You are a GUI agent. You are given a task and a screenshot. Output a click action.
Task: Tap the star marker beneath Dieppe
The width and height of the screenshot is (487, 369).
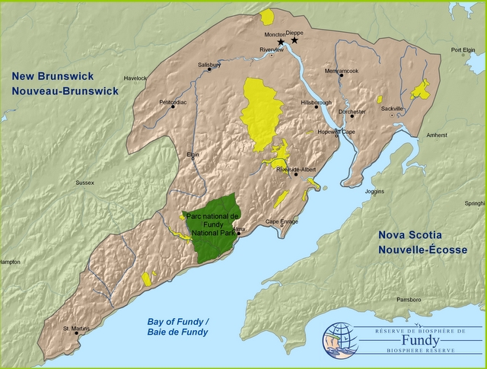point(294,40)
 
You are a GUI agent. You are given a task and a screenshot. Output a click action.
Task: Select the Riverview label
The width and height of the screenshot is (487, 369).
point(271,49)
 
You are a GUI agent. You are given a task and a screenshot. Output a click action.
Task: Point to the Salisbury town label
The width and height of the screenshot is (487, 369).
point(208,65)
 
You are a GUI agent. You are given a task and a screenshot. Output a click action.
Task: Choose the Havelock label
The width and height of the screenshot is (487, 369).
point(135,78)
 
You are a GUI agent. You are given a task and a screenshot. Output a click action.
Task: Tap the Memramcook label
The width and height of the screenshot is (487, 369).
point(340,71)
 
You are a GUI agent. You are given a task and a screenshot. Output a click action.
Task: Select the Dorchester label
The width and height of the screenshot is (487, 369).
point(352,111)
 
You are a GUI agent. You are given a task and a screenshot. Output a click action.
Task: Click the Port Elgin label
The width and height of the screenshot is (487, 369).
point(463,50)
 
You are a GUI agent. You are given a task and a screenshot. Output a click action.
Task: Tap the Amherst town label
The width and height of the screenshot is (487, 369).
point(437,135)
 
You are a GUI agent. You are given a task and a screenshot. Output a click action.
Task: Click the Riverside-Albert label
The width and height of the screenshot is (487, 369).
point(297,169)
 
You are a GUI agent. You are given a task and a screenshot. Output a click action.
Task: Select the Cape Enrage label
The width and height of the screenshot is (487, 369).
point(282,221)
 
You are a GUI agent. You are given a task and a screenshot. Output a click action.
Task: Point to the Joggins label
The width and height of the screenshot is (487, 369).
point(375,192)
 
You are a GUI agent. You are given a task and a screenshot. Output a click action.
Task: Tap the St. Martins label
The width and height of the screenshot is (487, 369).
point(76,329)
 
